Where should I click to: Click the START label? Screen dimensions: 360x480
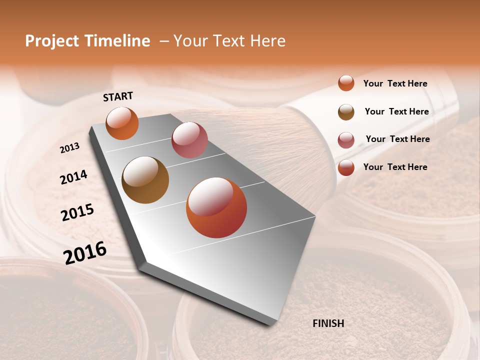pos(118,96)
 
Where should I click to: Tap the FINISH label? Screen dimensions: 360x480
pos(328,323)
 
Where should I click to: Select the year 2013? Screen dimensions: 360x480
pos(70,148)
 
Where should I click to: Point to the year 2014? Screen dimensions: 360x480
pos(73,177)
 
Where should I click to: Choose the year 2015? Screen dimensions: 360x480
pos(77,212)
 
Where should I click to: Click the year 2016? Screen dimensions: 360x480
pos(85,252)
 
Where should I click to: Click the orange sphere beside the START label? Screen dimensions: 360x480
pos(122,123)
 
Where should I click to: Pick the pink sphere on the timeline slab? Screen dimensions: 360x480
pos(189,140)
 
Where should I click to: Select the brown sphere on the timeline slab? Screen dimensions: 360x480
pos(145,180)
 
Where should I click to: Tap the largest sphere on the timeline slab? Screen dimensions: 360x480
pos(216,207)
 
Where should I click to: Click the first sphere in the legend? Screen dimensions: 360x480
pos(346,83)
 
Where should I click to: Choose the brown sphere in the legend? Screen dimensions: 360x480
pos(346,111)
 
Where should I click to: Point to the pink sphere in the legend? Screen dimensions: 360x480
pos(346,139)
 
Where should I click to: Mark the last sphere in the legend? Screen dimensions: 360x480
pos(346,167)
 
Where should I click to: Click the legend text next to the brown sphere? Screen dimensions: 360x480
pos(396,111)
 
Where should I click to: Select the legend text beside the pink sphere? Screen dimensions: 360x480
pos(397,139)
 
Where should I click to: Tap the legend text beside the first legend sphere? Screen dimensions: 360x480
pos(395,83)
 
